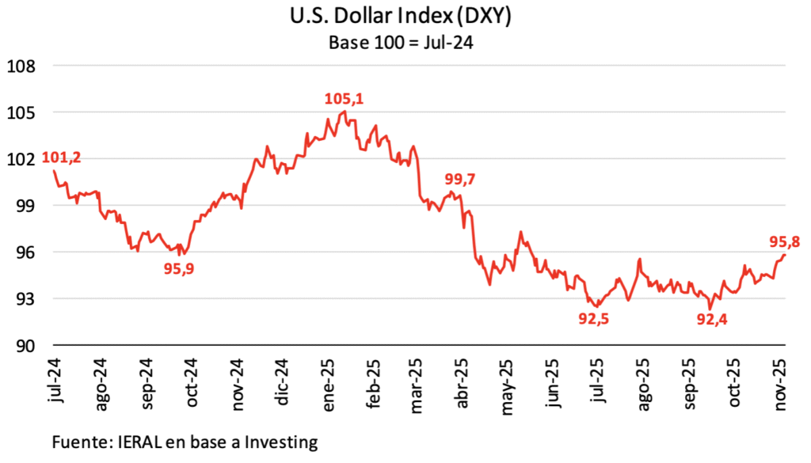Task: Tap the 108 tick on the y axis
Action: tap(21, 66)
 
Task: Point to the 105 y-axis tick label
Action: tap(21, 112)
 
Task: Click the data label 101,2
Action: tap(62, 157)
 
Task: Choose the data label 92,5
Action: tap(597, 319)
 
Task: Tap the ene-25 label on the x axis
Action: tap(330, 380)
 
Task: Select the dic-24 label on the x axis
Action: tap(284, 380)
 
